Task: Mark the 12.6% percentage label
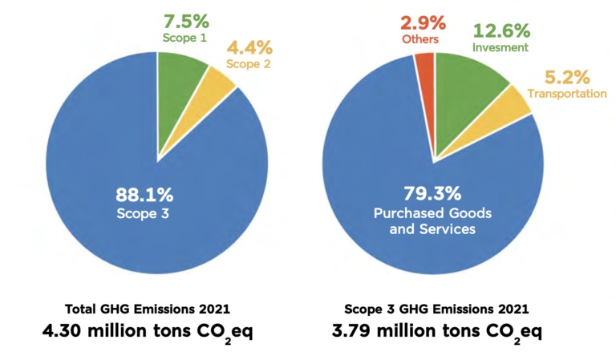tap(500, 30)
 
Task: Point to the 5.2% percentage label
tap(567, 77)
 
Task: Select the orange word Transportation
tap(566, 94)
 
